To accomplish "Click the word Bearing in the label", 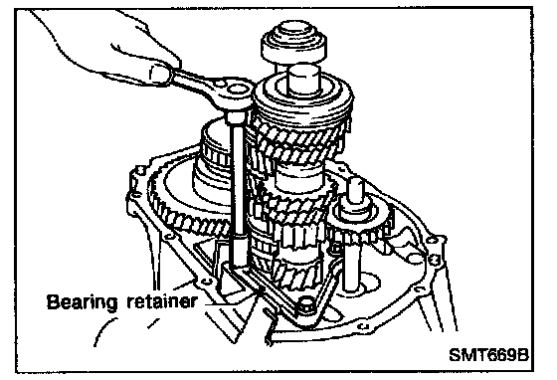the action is pyautogui.click(x=82, y=302).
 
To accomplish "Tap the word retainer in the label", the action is pyautogui.click(x=161, y=301).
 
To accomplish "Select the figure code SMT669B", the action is pyautogui.click(x=489, y=354).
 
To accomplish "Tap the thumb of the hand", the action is pyautogui.click(x=159, y=73).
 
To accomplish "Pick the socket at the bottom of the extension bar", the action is pyautogui.click(x=238, y=251).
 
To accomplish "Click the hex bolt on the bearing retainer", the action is pyautogui.click(x=306, y=306).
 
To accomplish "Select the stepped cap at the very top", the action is pyautogui.click(x=293, y=40).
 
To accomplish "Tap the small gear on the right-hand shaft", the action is pyautogui.click(x=362, y=227).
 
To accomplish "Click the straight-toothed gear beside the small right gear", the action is pyautogui.click(x=302, y=236).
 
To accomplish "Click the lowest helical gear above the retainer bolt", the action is pyautogui.click(x=294, y=274).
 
